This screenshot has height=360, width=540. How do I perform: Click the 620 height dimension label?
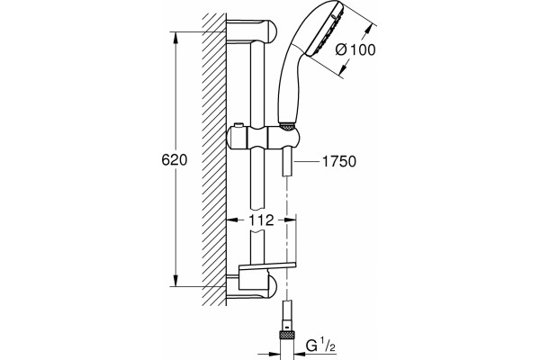click(175, 160)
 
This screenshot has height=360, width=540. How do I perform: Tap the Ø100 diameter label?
click(355, 50)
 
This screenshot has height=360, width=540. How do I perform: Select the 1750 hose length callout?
click(339, 161)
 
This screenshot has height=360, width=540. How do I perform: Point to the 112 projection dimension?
click(261, 220)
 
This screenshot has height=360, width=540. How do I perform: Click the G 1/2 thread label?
click(321, 346)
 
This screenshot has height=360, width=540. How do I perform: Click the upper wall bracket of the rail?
click(251, 31)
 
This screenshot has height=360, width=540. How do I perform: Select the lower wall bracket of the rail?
click(251, 286)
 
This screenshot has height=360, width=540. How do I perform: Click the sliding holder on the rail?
click(263, 137)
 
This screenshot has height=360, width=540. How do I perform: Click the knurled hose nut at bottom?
click(286, 335)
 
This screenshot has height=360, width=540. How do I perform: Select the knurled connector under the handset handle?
click(287, 126)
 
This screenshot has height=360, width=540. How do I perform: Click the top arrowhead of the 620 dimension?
click(175, 38)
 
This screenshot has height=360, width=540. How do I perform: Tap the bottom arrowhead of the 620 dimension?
click(175, 281)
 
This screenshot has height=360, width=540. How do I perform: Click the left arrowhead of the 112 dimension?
click(232, 220)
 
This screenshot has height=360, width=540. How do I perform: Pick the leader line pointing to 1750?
click(305, 161)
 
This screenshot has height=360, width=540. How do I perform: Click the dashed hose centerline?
click(286, 238)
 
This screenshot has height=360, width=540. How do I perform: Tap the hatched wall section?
click(214, 159)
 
